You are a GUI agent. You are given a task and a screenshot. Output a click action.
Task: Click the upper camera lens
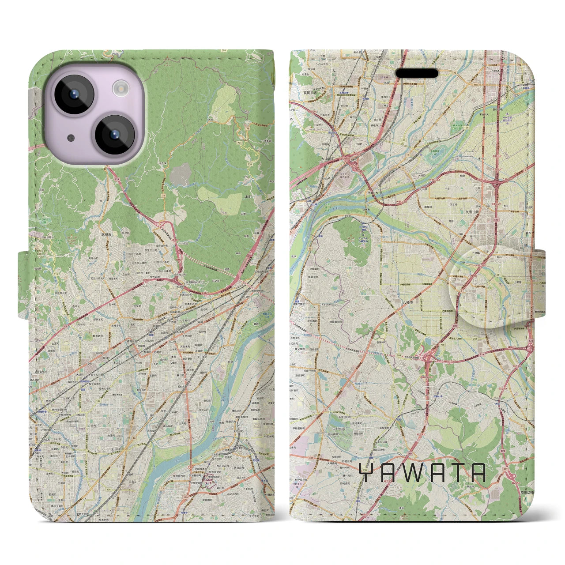73,94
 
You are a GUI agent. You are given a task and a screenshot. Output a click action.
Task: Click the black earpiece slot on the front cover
417,73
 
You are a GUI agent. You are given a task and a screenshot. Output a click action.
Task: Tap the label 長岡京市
301,93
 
